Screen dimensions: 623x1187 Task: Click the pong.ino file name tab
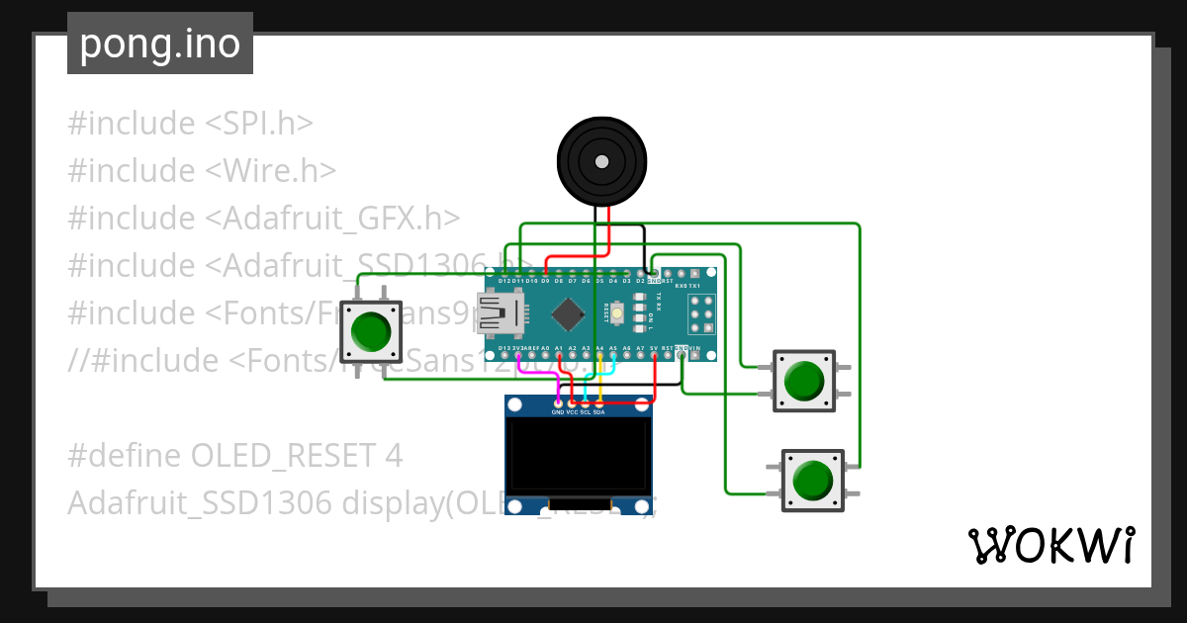159,44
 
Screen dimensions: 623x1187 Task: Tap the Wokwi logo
1050,546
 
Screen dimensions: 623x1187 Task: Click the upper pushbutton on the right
803,380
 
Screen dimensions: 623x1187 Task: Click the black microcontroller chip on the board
567,314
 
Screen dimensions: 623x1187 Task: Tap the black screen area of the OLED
579,455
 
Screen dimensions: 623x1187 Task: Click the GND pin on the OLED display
558,403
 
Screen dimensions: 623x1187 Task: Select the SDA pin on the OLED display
598,403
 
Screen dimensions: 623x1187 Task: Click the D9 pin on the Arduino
545,272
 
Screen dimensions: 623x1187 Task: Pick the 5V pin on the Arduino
654,355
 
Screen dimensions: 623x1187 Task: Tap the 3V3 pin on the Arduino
518,355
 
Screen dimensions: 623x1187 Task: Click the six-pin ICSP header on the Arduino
701,314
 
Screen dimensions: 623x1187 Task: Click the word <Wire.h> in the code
271,171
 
